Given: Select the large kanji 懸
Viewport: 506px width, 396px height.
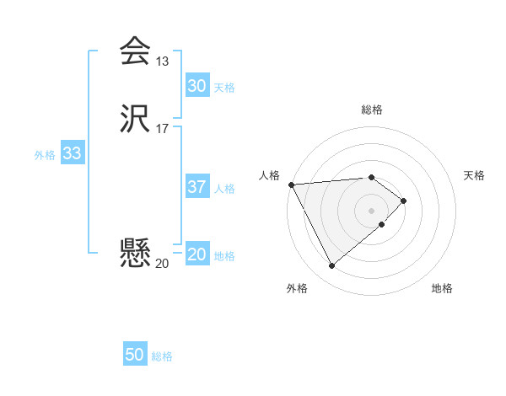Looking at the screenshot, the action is [x=135, y=253].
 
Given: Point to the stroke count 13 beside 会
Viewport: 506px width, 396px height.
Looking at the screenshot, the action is [x=162, y=62].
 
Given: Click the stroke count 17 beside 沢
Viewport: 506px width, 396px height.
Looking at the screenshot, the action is [x=162, y=130].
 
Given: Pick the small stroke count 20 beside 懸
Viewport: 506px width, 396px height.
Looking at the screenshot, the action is [x=162, y=264].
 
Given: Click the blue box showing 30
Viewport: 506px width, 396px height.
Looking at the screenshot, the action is [x=196, y=86].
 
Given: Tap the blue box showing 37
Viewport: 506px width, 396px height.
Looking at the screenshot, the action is [x=196, y=187].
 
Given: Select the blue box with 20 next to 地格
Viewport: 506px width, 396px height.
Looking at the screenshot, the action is [x=196, y=254].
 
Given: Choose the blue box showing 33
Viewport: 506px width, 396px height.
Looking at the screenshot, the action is [x=72, y=154].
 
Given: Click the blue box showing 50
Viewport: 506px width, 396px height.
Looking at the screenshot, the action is [x=135, y=355].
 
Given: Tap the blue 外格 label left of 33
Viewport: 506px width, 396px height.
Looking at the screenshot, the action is [x=45, y=155].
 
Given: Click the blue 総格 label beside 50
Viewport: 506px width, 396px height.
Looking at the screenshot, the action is [x=162, y=356].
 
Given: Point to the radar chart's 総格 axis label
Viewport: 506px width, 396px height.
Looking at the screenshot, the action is [x=372, y=110].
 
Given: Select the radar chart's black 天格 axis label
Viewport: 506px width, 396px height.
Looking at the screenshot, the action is [x=475, y=175].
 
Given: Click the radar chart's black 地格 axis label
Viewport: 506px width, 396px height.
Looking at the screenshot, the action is [x=442, y=289].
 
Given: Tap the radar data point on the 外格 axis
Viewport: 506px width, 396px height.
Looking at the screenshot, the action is [x=331, y=266].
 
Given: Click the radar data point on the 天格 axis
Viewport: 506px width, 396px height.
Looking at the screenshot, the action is [x=405, y=201].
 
